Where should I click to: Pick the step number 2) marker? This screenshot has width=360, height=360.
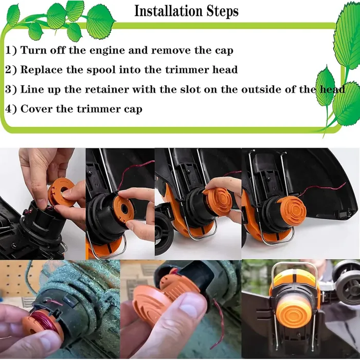(x=11, y=69)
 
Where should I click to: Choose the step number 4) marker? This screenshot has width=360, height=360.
(x=11, y=109)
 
